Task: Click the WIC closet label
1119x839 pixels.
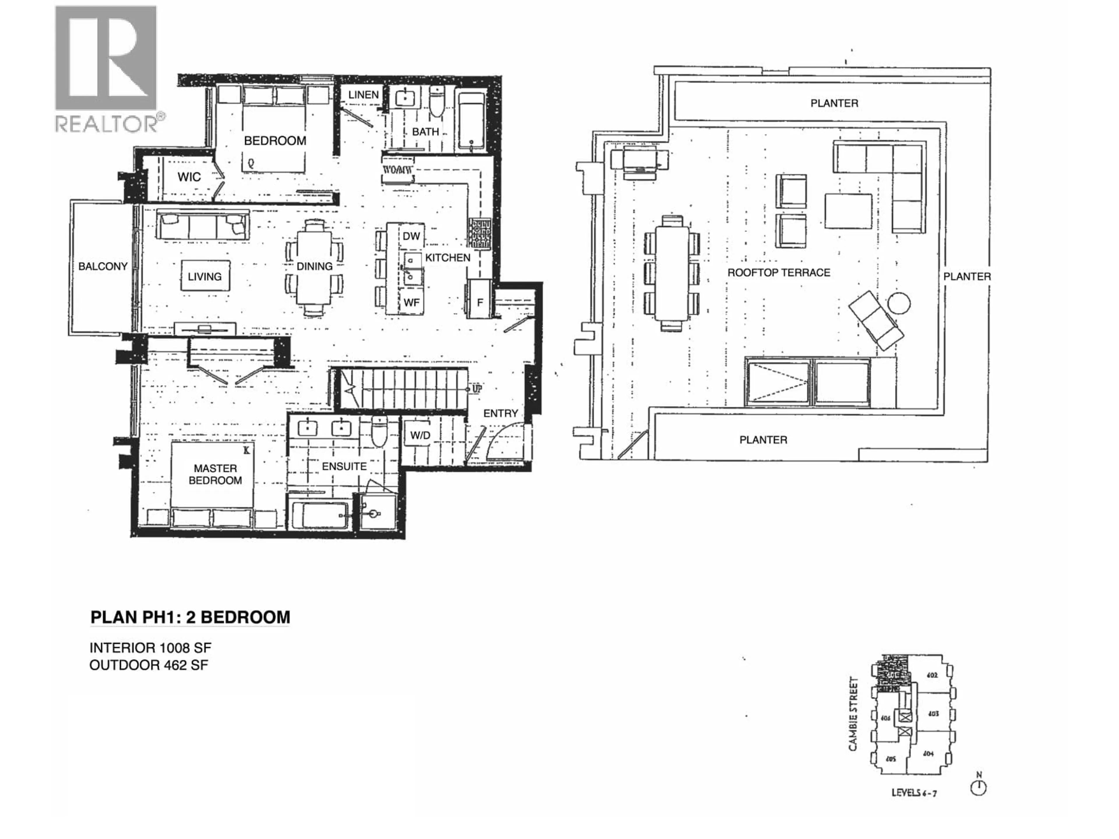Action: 189,177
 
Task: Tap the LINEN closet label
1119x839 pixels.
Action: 363,95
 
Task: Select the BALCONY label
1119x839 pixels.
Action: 103,267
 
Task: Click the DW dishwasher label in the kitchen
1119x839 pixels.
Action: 411,236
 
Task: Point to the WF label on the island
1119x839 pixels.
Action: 411,302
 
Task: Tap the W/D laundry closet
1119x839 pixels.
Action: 420,436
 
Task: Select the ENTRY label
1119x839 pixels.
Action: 500,413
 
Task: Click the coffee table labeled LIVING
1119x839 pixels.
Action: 205,276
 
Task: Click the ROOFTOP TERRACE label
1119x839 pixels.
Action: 779,273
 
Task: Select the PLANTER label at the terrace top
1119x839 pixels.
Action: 834,103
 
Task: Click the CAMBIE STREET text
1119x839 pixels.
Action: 854,713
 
